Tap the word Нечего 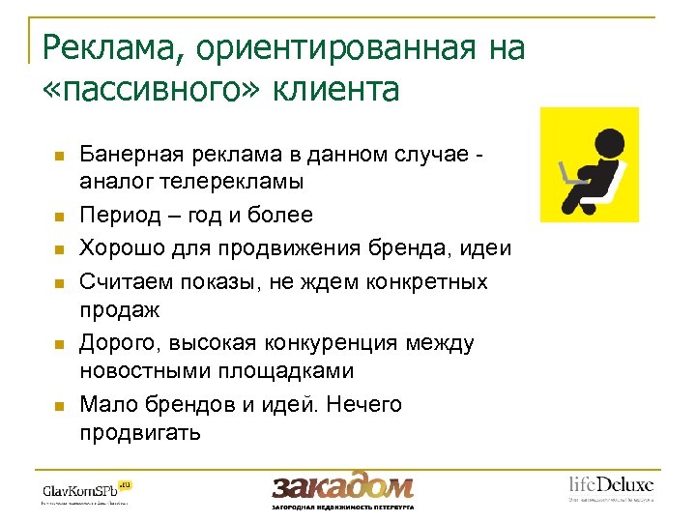pyautogui.click(x=364, y=404)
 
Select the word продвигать pyautogui.click(x=140, y=431)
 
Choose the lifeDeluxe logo pyautogui.click(x=610, y=486)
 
